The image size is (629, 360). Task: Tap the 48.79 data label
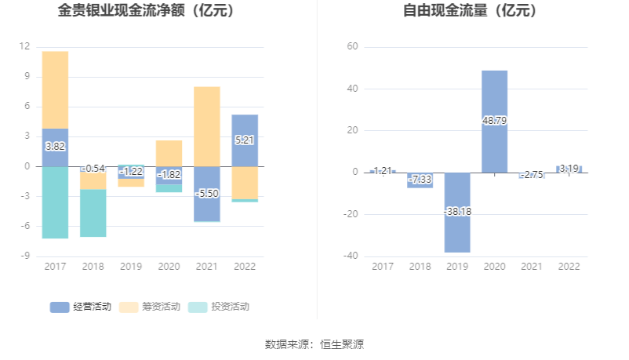494,121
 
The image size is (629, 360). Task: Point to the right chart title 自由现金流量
470,11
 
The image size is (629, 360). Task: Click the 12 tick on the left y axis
25,46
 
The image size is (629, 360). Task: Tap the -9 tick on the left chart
25,256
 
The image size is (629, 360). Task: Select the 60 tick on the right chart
353,47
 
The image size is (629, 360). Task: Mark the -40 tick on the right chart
351,256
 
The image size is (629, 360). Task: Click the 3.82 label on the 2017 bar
55,147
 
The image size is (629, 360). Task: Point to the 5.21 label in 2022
245,140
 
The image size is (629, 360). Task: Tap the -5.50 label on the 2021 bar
207,193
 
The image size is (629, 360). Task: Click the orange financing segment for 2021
207,125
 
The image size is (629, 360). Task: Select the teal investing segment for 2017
55,202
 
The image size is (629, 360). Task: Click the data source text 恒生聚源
342,344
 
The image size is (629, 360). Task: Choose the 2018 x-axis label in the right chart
420,267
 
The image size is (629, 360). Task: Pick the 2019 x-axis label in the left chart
131,267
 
